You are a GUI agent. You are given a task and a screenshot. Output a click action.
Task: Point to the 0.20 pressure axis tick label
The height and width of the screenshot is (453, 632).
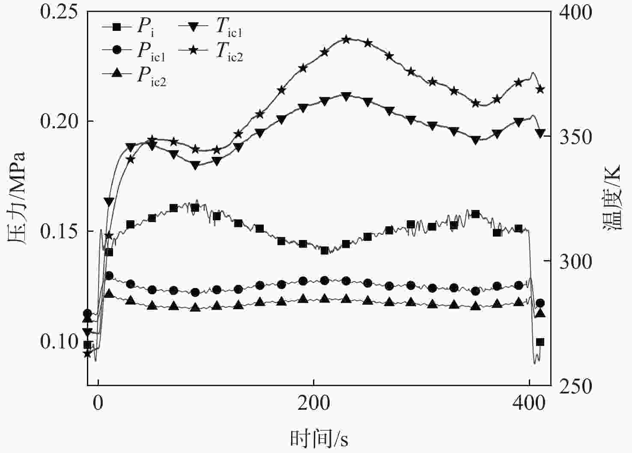pos(60,122)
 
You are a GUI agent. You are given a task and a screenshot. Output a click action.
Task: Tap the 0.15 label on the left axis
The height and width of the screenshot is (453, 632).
pos(60,232)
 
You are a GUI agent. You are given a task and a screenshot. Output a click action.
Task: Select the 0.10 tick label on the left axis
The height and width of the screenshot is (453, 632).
pos(60,342)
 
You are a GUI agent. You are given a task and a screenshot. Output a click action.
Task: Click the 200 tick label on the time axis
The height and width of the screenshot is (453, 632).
pos(314,404)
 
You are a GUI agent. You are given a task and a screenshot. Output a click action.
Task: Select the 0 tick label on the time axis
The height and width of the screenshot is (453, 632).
pos(98,404)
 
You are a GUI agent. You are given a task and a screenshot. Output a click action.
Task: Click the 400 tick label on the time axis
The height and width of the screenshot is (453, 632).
pos(530,404)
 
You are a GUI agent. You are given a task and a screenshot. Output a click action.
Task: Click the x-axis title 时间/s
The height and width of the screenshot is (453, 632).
pos(319,438)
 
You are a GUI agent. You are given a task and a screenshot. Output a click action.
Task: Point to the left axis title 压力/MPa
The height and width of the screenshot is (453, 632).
pos(16,198)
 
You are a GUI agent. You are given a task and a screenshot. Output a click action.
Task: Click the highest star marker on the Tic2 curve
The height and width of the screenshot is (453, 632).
pos(346,40)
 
